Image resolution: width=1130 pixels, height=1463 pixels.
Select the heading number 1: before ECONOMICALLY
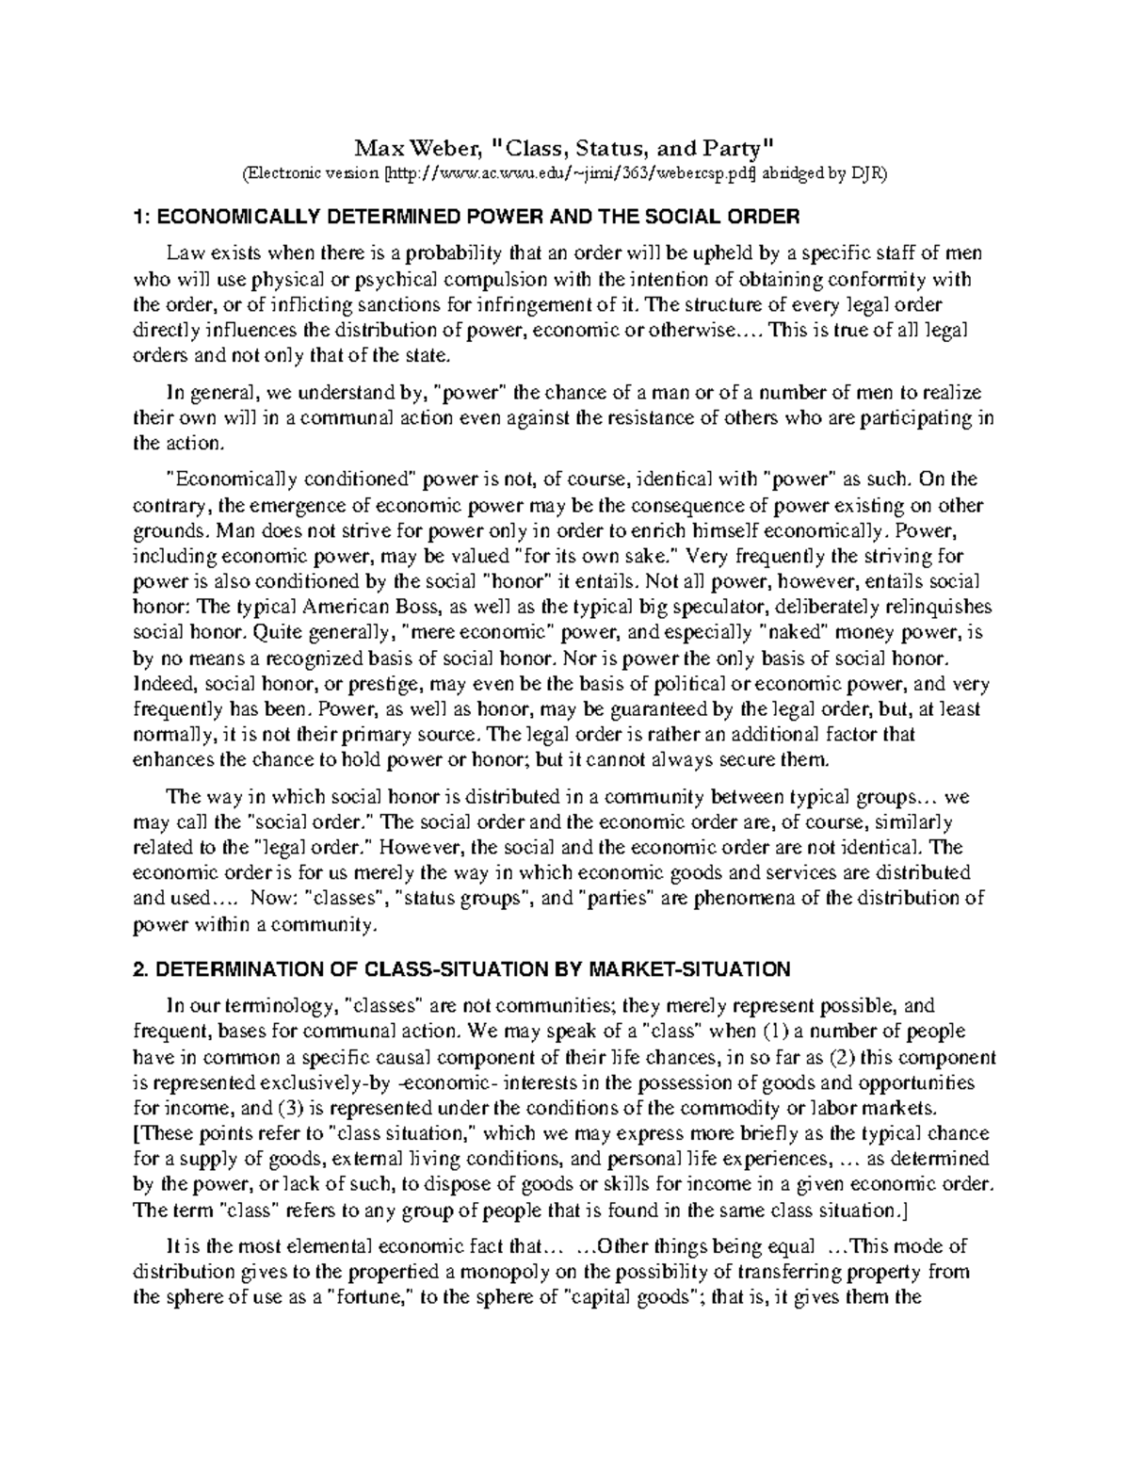[140, 218]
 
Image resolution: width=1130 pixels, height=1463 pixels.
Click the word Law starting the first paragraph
[184, 253]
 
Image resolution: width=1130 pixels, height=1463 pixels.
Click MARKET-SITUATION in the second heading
[688, 968]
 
